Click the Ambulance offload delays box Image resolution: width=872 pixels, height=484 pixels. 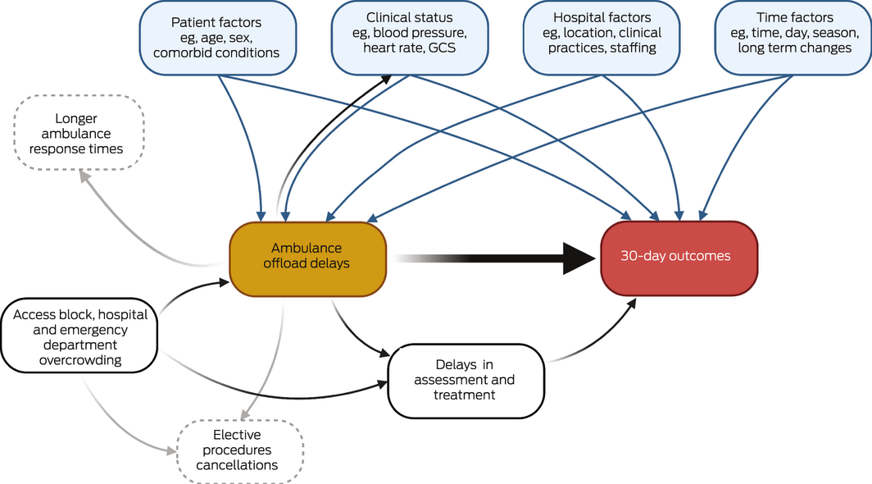pos(307,256)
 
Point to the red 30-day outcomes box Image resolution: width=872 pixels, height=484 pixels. pos(679,257)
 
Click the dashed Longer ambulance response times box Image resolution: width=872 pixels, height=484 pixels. pos(79,135)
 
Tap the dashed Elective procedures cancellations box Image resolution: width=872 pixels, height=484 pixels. pos(242,450)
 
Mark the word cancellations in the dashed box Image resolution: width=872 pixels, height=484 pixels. pos(242,465)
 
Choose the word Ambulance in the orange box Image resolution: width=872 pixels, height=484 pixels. pos(308,248)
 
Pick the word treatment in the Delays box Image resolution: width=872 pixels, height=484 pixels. pos(465,395)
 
